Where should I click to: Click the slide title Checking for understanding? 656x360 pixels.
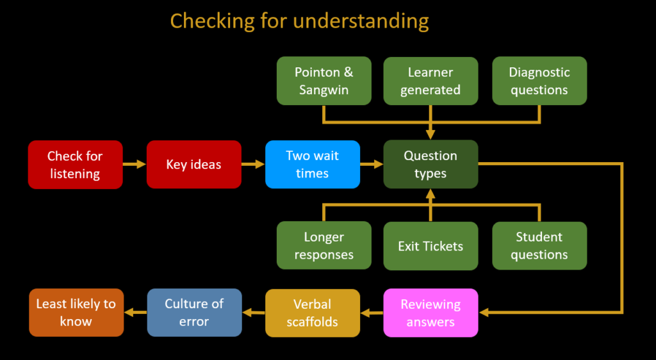299,21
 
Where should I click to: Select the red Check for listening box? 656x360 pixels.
76,165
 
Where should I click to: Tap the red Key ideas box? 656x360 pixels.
194,165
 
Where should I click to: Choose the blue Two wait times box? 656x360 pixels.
313,165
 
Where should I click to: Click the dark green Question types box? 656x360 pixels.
430,165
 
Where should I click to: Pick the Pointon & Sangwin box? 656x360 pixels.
324,81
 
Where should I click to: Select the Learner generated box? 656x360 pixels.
430,81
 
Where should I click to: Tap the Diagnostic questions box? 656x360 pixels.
539,81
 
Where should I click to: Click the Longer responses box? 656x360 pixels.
324,245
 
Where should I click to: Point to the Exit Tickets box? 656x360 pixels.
430,245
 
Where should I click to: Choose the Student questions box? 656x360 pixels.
539,245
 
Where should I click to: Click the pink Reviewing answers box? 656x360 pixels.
430,313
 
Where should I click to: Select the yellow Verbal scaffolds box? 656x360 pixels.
313,313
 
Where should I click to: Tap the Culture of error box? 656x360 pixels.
195,313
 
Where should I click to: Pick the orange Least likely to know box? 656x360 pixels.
76,313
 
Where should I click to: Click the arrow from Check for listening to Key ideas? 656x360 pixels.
135,165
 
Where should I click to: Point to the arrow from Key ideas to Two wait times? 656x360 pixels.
253,165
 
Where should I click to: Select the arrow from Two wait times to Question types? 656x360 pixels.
372,165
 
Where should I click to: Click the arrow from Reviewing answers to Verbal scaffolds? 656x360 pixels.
372,313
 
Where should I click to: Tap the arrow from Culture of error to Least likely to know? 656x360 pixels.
136,312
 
